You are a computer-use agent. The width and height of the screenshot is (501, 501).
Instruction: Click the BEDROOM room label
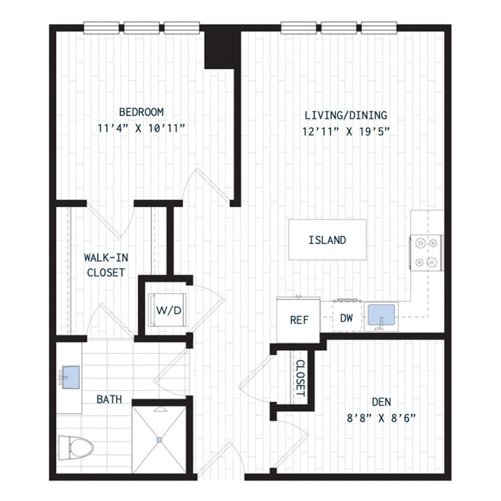click(141, 111)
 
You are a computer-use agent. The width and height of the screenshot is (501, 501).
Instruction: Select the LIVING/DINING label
click(346, 115)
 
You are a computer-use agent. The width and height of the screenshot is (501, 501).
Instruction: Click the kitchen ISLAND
click(327, 240)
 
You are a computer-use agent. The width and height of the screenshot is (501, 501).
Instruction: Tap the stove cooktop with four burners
click(426, 252)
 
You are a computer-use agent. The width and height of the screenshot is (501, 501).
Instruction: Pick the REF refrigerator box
click(299, 320)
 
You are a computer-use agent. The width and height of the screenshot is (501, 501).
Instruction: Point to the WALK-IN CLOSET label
click(104, 265)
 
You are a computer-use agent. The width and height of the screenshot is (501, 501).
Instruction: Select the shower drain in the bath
click(159, 440)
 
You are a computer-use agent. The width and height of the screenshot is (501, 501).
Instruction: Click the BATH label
click(109, 399)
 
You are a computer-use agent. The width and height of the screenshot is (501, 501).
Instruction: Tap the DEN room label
click(382, 402)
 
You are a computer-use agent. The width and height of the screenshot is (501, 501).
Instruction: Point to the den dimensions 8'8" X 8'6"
click(382, 418)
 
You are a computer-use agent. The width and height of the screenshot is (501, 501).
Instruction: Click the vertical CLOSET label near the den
click(300, 378)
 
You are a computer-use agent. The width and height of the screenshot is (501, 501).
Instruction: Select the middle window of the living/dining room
click(339, 28)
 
